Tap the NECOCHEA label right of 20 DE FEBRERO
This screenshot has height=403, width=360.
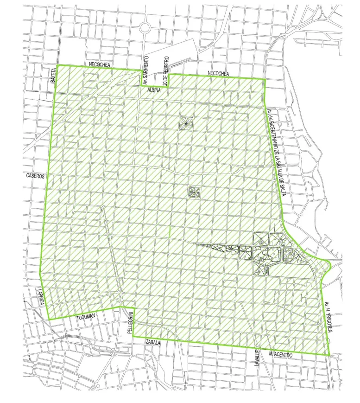(x=218, y=73)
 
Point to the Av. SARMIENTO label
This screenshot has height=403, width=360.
(x=145, y=69)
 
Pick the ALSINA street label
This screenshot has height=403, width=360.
(x=153, y=90)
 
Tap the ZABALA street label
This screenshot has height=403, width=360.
(x=152, y=342)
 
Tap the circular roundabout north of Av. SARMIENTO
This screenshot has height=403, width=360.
(x=145, y=27)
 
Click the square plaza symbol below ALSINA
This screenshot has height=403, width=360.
(x=186, y=123)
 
